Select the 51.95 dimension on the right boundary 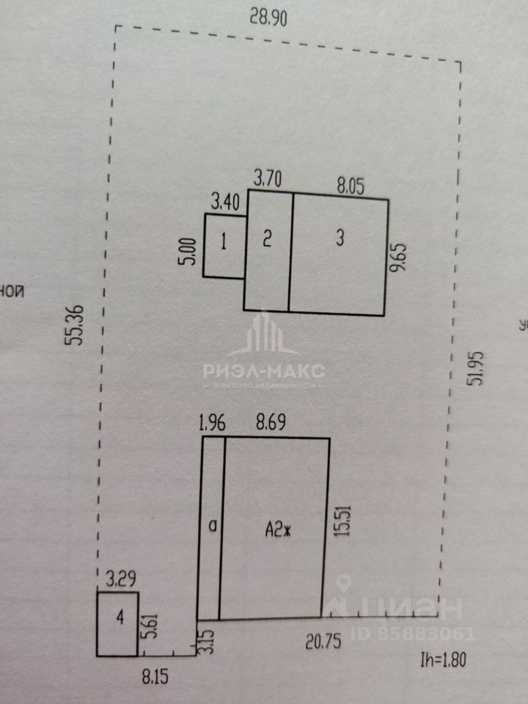pos(478,368)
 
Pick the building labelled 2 pos(268,237)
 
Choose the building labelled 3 pos(339,237)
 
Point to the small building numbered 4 pos(118,618)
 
